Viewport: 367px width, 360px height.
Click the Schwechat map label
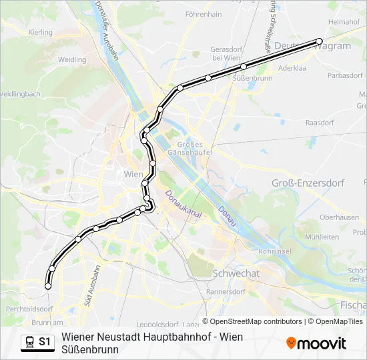point(236,273)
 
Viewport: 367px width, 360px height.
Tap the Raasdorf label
point(319,123)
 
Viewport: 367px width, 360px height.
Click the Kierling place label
point(40,32)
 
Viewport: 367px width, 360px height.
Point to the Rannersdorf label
point(226,291)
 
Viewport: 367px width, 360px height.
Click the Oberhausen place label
point(339,217)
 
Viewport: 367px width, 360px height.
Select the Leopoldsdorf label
point(151,323)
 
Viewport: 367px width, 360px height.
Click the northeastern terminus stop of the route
point(319,41)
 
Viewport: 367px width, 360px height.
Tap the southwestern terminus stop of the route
point(48,286)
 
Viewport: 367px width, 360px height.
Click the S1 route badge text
point(45,342)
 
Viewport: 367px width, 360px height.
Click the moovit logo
point(316,343)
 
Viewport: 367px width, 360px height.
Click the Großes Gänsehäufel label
point(193,149)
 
